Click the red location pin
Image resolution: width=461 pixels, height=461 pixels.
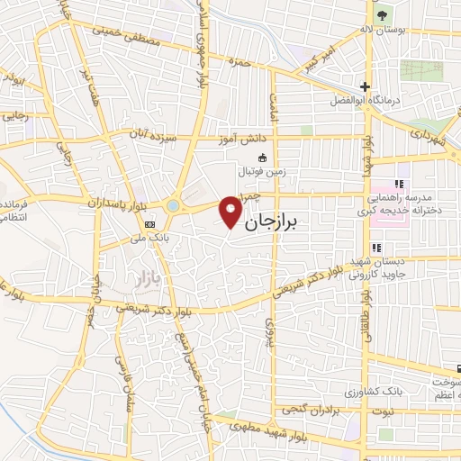tap(231, 210)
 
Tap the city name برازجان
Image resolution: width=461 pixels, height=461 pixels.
tap(283, 218)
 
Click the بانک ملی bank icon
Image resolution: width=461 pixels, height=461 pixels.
tap(149, 224)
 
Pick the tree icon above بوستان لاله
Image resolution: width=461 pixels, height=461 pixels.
tap(381, 15)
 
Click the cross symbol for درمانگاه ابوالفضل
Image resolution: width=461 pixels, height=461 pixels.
tap(365, 87)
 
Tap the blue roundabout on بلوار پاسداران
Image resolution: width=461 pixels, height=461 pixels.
tap(171, 205)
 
